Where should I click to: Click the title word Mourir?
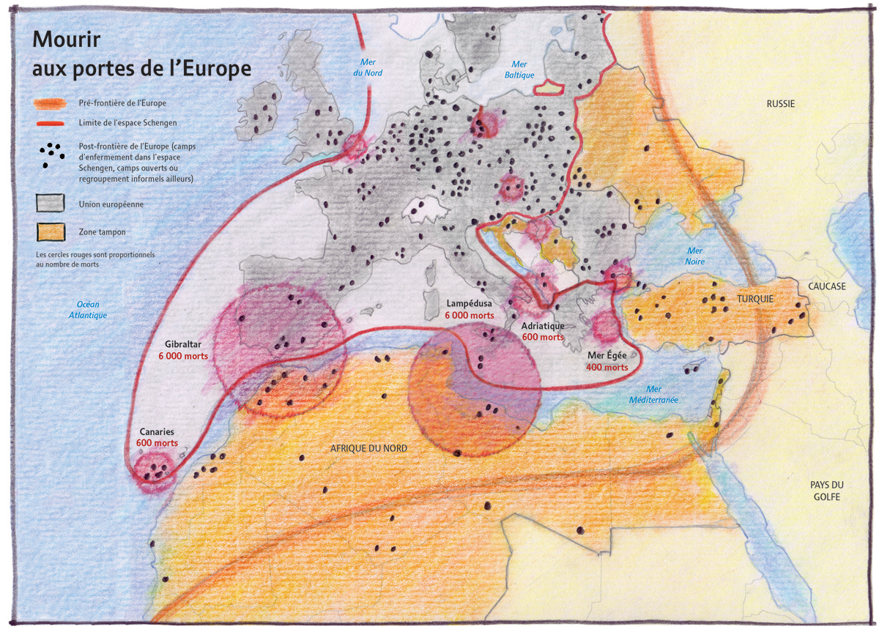[x=66, y=39]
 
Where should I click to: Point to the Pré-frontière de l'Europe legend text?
[x=119, y=103]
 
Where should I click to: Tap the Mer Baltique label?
[x=519, y=70]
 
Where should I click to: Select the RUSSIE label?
[x=780, y=104]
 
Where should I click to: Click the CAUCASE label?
[x=826, y=286]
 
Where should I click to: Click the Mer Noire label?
[x=694, y=256]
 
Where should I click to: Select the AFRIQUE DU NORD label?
[x=368, y=448]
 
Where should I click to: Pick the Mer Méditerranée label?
[x=653, y=395]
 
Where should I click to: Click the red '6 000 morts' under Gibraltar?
[x=183, y=357]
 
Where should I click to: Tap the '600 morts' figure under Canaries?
[x=157, y=443]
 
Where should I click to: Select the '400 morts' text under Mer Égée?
[x=607, y=367]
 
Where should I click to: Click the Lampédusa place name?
[x=470, y=303]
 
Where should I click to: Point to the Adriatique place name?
[x=543, y=326]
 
